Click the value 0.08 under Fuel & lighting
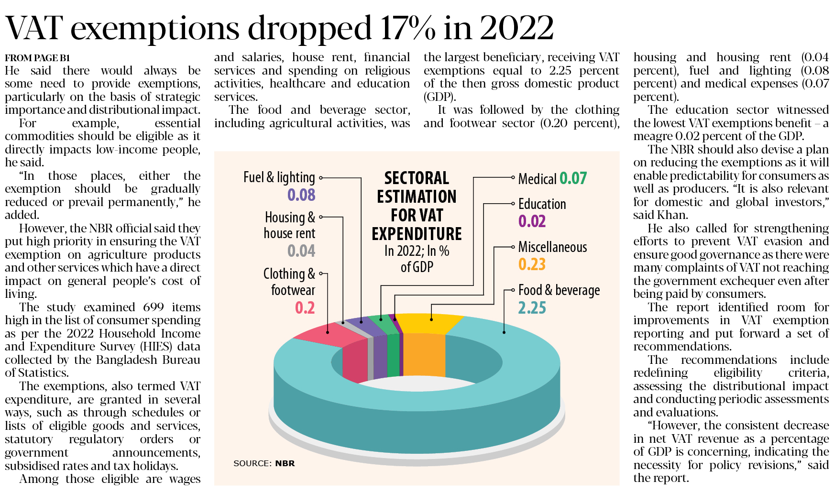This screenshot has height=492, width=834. tap(301, 195)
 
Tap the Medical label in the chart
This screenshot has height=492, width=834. tap(537, 179)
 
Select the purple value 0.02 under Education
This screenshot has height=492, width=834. tap(532, 221)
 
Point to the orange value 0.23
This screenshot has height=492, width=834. tap(532, 264)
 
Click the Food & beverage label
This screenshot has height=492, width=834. tap(559, 290)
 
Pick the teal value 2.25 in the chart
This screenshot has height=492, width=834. tap(532, 308)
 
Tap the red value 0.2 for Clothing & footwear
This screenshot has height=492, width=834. tap(305, 308)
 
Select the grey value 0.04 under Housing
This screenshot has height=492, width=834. tap(301, 251)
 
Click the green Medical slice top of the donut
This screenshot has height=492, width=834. tap(383, 324)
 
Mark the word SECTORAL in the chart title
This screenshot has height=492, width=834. tap(417, 178)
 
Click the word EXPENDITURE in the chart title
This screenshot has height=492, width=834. tap(417, 234)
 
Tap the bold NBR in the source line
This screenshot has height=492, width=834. tap(285, 463)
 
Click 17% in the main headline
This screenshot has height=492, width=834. tap(408, 28)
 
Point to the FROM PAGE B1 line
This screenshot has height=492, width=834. tap(37, 58)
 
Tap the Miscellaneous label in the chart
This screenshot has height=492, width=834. tap(552, 247)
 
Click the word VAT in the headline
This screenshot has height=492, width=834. tap(34, 28)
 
